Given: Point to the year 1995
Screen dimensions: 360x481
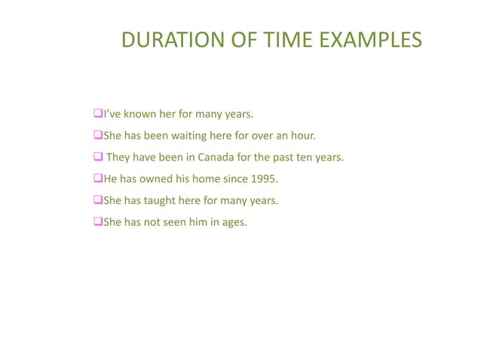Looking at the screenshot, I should click(x=264, y=179).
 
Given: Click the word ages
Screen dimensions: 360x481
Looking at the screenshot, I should click(x=233, y=222).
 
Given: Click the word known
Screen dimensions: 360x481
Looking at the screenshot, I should click(x=136, y=114).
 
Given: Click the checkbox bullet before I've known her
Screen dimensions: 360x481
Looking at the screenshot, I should click(x=97, y=114).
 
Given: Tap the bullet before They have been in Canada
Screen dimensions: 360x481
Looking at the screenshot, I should click(x=97, y=157).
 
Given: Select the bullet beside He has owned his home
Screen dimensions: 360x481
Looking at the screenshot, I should click(x=97, y=179).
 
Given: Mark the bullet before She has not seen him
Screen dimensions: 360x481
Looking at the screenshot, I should click(x=97, y=222).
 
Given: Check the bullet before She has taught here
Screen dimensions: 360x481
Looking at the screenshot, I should click(x=97, y=200).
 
